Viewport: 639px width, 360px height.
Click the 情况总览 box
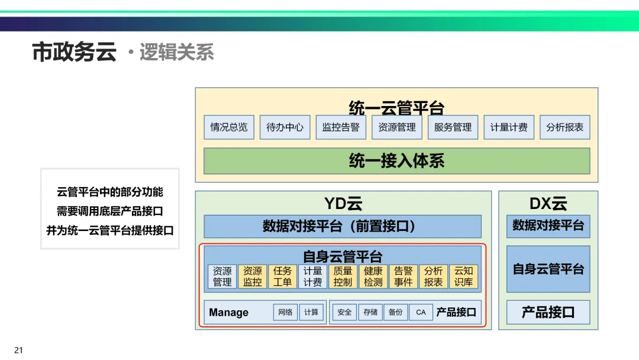[229, 127]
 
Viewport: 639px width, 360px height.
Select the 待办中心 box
[285, 127]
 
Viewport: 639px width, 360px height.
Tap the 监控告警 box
[341, 127]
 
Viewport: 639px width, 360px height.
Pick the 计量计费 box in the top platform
[509, 127]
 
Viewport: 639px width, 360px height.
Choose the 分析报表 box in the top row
[564, 127]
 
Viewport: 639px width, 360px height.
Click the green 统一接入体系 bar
[396, 161]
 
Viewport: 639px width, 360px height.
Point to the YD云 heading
[343, 204]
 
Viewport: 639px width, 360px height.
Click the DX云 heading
[548, 204]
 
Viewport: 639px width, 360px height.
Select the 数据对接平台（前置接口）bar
[343, 226]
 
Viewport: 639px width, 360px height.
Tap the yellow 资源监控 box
[253, 277]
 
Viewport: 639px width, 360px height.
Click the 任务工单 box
[282, 277]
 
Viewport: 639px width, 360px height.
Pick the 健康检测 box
[373, 277]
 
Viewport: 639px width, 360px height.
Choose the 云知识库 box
[463, 277]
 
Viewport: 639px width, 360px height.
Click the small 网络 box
[285, 312]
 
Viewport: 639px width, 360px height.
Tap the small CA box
[421, 312]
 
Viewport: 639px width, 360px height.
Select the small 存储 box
[370, 312]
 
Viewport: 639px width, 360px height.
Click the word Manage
[229, 313]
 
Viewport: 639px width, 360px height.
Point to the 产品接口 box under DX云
[548, 312]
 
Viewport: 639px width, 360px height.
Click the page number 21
[18, 350]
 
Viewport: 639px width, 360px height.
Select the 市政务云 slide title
[74, 52]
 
